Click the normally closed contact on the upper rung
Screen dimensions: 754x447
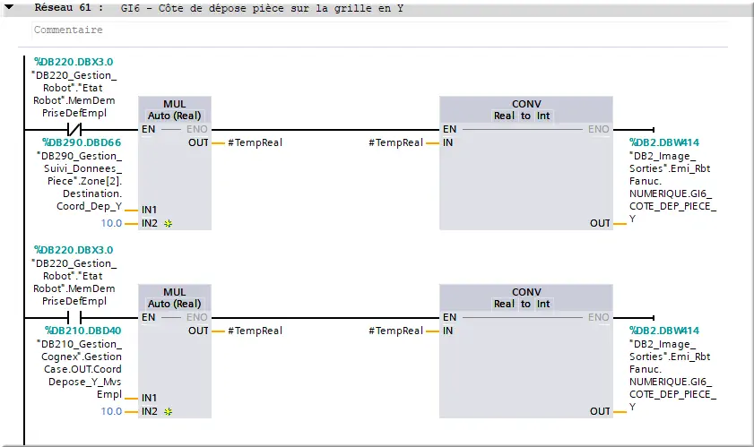[74, 129]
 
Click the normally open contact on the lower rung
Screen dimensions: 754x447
[74, 317]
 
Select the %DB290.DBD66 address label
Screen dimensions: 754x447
[82, 142]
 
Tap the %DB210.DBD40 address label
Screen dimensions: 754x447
[82, 331]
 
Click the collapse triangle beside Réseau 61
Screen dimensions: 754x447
[9, 8]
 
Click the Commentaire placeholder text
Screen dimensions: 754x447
[68, 30]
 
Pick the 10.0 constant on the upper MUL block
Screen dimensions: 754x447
[111, 223]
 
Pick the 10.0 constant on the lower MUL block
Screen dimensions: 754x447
[111, 411]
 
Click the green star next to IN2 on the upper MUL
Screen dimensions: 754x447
[168, 223]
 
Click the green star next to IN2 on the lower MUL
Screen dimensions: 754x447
[168, 411]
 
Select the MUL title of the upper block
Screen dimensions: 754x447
[175, 104]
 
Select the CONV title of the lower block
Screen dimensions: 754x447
[526, 292]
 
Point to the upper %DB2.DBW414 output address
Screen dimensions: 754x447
[664, 142]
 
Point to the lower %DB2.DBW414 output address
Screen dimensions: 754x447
[664, 331]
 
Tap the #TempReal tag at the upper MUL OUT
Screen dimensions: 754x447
[255, 142]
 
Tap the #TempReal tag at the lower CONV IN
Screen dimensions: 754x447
[395, 331]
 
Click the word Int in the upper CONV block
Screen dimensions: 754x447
[543, 116]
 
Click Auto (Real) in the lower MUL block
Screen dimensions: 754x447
[174, 304]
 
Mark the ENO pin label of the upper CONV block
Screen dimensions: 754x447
[598, 129]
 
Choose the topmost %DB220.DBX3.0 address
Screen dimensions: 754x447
[74, 62]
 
